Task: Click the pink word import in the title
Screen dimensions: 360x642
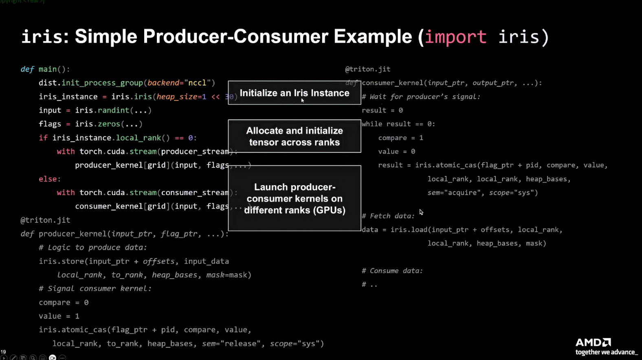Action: pyautogui.click(x=455, y=37)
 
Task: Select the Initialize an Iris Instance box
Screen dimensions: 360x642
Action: pyautogui.click(x=294, y=93)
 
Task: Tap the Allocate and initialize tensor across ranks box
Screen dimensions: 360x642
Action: pyautogui.click(x=294, y=136)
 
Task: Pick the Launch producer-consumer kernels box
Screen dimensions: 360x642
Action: pyautogui.click(x=294, y=198)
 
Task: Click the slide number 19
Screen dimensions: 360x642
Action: pyautogui.click(x=3, y=352)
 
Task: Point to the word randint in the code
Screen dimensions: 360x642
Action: pyautogui.click(x=114, y=110)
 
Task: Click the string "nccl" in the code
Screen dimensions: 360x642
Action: pyautogui.click(x=197, y=83)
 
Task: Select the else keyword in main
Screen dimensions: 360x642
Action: pyautogui.click(x=49, y=179)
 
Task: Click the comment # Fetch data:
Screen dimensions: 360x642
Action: pyautogui.click(x=388, y=216)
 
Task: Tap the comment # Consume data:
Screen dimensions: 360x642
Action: pyautogui.click(x=392, y=271)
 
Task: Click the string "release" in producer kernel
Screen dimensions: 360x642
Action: pyautogui.click(x=240, y=344)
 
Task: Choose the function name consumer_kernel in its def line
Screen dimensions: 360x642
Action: pyautogui.click(x=392, y=83)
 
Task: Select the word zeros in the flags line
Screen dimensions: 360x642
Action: pyautogui.click(x=109, y=124)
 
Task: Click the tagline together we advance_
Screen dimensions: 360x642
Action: pyautogui.click(x=606, y=352)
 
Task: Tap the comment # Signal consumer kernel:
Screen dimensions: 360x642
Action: pyautogui.click(x=95, y=289)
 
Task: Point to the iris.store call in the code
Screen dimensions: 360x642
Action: pyautogui.click(x=61, y=261)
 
